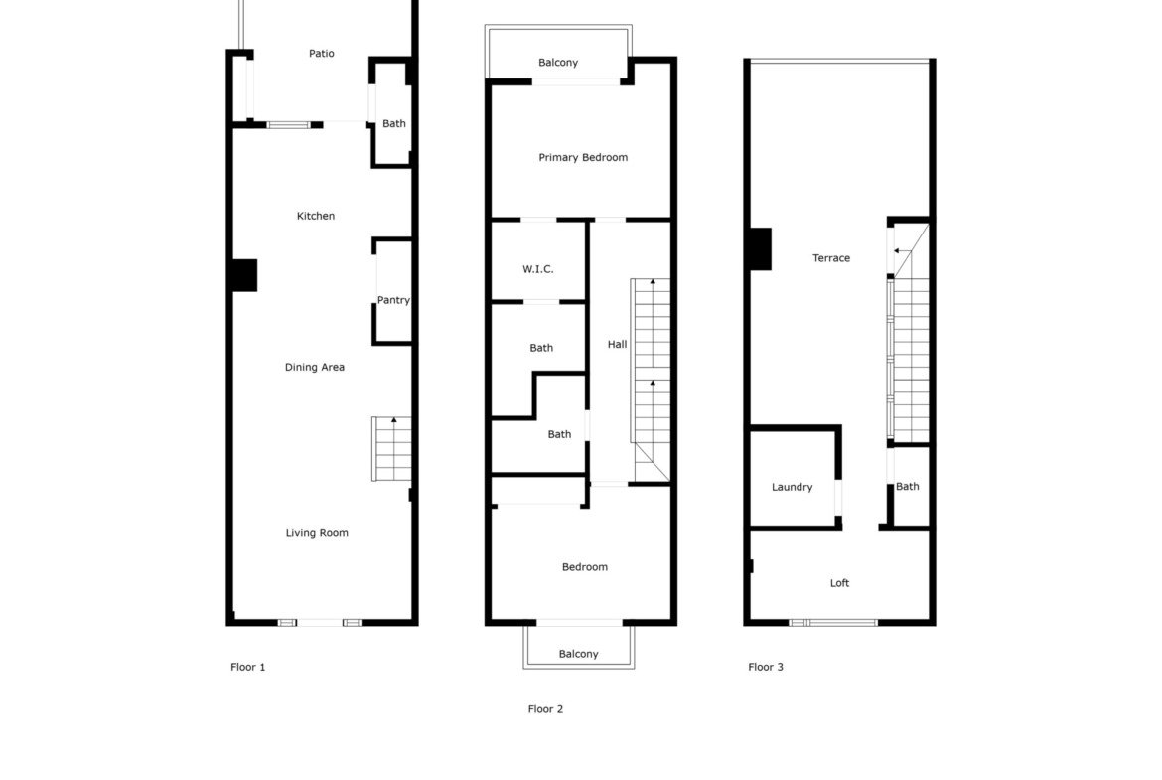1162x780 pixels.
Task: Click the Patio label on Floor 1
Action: pyautogui.click(x=322, y=54)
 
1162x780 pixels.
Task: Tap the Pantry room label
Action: pyautogui.click(x=393, y=300)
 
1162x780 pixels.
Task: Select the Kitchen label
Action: pyautogui.click(x=316, y=216)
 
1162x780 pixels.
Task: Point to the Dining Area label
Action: pyautogui.click(x=315, y=367)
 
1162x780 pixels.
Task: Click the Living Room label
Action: pyautogui.click(x=317, y=533)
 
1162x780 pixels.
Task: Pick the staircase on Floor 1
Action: pyautogui.click(x=391, y=449)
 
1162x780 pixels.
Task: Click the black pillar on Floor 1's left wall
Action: pyautogui.click(x=244, y=275)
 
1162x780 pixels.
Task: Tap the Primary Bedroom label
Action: pyautogui.click(x=583, y=157)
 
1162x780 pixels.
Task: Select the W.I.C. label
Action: pyautogui.click(x=538, y=269)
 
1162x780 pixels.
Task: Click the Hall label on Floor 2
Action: pyautogui.click(x=618, y=344)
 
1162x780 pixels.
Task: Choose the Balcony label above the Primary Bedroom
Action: pyautogui.click(x=558, y=63)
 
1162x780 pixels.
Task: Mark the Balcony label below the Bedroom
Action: pyautogui.click(x=579, y=654)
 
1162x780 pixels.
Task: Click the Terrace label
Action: pyautogui.click(x=831, y=258)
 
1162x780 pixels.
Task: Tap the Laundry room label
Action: pyautogui.click(x=793, y=487)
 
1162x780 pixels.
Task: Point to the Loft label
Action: pyautogui.click(x=839, y=583)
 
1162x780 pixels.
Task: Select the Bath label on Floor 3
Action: pyautogui.click(x=907, y=487)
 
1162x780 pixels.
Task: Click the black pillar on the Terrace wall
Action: pyautogui.click(x=761, y=248)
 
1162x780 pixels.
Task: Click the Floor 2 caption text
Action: pyautogui.click(x=545, y=709)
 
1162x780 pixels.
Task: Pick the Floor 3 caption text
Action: pyautogui.click(x=766, y=667)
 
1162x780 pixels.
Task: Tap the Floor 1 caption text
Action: pyautogui.click(x=247, y=667)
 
